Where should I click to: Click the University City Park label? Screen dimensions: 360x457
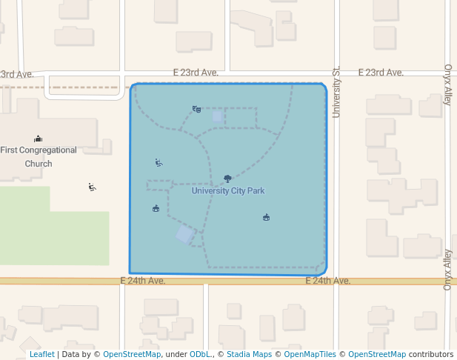click(228, 191)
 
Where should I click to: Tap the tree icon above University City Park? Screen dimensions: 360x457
click(227, 179)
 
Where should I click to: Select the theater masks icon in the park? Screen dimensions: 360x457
click(196, 110)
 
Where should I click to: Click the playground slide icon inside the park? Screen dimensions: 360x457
click(159, 163)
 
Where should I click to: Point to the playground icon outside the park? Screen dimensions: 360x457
click(92, 187)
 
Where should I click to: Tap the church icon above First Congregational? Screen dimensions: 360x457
click(39, 139)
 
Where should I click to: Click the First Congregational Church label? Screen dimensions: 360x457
click(39, 156)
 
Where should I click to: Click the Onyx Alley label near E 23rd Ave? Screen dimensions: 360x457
click(447, 84)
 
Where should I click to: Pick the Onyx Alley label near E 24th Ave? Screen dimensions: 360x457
click(447, 269)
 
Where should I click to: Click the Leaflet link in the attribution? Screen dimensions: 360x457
click(42, 354)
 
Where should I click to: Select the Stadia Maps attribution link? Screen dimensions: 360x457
click(249, 354)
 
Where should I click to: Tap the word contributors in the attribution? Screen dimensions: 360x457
click(431, 354)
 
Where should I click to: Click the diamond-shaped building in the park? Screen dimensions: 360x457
click(185, 235)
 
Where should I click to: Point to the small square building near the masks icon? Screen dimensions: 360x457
click(218, 116)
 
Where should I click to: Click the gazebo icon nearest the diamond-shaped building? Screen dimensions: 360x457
click(156, 209)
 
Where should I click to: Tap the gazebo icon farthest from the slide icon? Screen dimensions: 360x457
click(266, 217)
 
